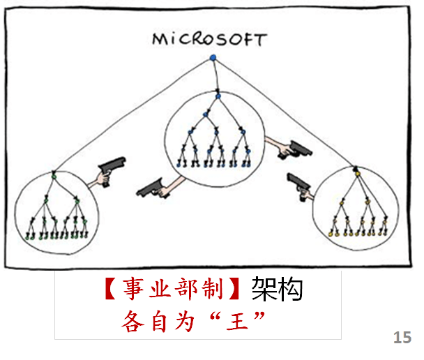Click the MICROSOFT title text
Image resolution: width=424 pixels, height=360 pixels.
(x=209, y=38)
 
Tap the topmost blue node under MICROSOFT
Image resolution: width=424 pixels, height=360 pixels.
(x=213, y=57)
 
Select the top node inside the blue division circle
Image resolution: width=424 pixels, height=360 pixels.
(x=218, y=93)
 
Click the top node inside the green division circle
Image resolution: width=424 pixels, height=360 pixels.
(x=54, y=172)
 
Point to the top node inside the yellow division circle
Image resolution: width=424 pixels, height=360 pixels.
(x=355, y=168)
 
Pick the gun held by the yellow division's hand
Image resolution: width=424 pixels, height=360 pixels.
(x=298, y=185)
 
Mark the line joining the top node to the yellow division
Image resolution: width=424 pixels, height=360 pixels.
(x=286, y=112)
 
